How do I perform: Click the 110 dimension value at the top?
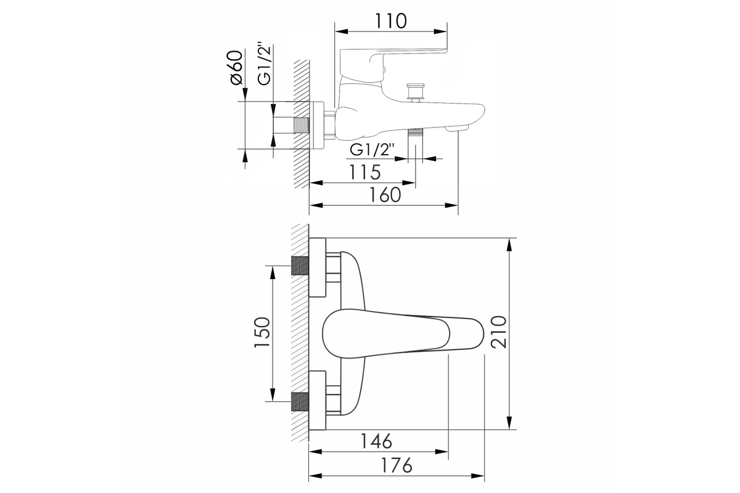(390, 21)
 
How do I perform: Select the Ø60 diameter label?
(237, 68)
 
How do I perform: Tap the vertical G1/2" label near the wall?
(265, 64)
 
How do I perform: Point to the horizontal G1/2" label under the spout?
(372, 150)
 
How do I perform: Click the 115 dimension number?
(365, 172)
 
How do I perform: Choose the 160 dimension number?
(385, 195)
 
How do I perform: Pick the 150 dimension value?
(262, 332)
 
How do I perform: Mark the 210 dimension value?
(498, 332)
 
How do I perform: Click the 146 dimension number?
(376, 441)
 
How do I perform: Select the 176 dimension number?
(397, 466)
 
